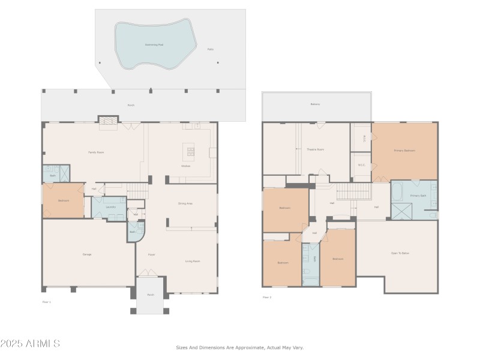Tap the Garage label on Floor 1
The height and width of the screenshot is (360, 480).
[x=87, y=254]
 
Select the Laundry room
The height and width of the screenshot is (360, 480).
[x=110, y=207]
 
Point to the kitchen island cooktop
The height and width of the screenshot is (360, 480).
[x=191, y=150]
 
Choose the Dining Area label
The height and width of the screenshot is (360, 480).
[x=185, y=203]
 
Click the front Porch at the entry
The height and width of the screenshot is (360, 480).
[x=150, y=295]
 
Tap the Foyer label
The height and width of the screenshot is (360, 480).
[x=151, y=254]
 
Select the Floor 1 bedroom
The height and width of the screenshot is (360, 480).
[x=63, y=200]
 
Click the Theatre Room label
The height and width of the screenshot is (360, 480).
[x=315, y=149]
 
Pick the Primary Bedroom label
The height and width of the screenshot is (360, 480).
[x=404, y=150]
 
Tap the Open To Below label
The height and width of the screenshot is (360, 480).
[x=400, y=253]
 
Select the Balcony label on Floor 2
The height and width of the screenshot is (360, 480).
[x=315, y=104]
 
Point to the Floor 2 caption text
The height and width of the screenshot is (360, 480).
[x=267, y=297]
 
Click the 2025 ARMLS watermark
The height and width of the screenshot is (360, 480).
[x=30, y=344]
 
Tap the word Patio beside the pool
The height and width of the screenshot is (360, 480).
[x=210, y=49]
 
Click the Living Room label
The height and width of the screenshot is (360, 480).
[x=192, y=261]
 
